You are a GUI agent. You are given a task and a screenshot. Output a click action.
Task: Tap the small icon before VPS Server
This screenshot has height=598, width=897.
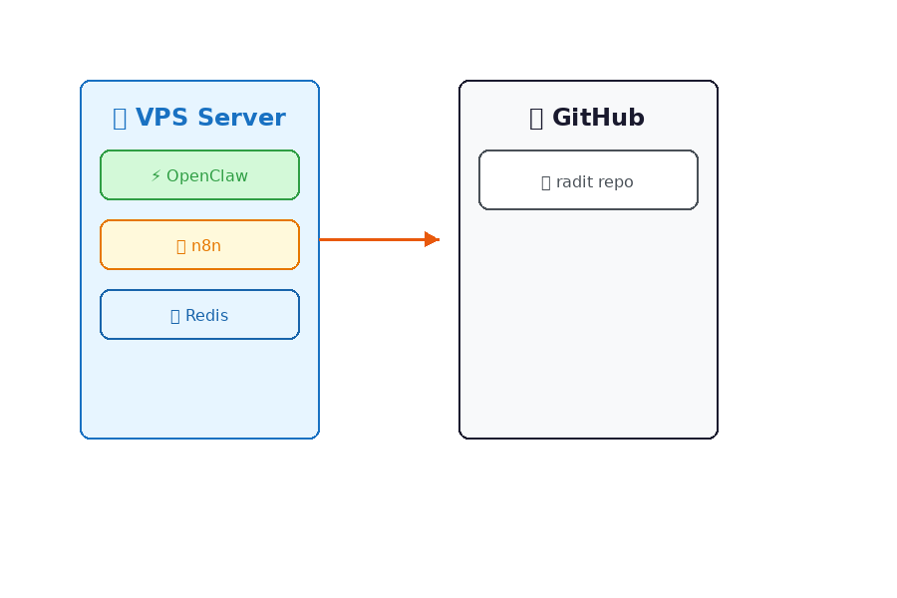coord(120,119)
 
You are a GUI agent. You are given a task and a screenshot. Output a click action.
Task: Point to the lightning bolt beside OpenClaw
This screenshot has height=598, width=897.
coord(155,176)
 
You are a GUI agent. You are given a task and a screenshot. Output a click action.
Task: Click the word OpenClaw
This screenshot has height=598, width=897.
coord(207,176)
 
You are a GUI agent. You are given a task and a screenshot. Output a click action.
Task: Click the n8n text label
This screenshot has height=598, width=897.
coord(206,246)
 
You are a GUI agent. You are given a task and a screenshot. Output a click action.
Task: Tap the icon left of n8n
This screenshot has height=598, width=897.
coord(180,246)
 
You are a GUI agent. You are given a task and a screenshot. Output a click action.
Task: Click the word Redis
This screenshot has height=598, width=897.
coord(206,316)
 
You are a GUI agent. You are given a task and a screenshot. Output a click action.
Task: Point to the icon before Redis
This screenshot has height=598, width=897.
coord(175,316)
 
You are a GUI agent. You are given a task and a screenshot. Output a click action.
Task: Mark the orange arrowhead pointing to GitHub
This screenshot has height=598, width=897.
coord(432,239)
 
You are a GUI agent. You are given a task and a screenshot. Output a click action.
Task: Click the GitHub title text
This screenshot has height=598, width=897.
coord(598,118)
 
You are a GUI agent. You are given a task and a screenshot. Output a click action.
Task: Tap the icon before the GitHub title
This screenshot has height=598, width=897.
coord(536,119)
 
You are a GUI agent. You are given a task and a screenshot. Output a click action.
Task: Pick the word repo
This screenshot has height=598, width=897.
coord(616,183)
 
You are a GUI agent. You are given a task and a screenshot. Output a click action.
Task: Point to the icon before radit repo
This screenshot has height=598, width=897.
coord(545,183)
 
